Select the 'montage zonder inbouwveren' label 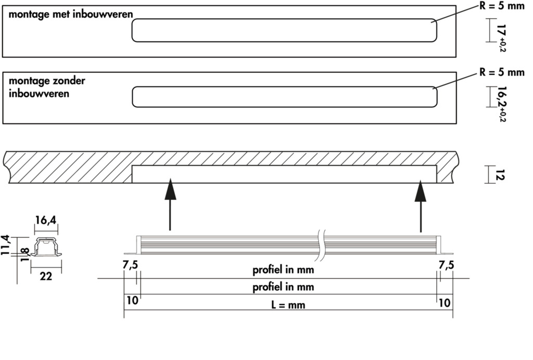coord(47,87)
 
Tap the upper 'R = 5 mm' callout coord(501,7)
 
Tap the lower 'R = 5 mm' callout coord(501,72)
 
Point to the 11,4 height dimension coord(5,244)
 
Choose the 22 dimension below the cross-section coord(46,277)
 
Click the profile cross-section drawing coord(46,248)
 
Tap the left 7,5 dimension coord(130,265)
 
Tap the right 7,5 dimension coord(446,265)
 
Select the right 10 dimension coord(445,301)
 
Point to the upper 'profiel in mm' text coord(283,270)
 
